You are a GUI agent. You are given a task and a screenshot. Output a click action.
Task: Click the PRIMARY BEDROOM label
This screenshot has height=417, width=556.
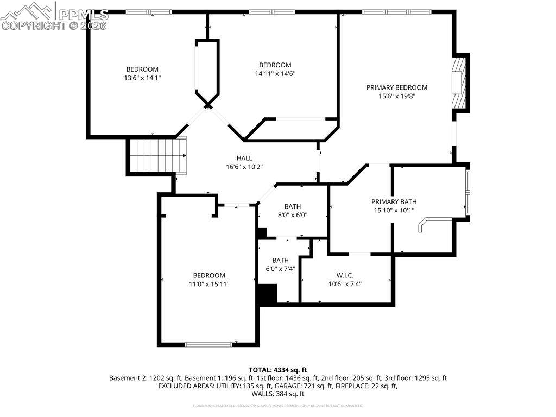click(x=396, y=87)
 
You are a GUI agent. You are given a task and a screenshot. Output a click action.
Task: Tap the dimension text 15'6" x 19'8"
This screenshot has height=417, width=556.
click(x=396, y=97)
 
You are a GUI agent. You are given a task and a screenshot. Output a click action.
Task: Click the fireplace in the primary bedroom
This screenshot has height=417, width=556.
click(x=459, y=83)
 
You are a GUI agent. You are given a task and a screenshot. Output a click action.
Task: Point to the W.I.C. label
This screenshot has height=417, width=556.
click(x=345, y=275)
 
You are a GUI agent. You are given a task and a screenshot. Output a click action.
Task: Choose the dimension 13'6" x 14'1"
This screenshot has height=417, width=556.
click(x=142, y=78)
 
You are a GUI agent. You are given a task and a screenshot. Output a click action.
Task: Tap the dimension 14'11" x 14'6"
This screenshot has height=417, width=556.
click(x=275, y=74)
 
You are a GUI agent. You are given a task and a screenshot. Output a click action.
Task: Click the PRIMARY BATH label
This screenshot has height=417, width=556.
click(x=394, y=201)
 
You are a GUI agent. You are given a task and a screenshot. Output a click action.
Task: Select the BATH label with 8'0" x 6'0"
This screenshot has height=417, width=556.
click(x=292, y=206)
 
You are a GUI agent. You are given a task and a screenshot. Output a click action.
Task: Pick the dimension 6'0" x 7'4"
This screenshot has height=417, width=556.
click(x=280, y=269)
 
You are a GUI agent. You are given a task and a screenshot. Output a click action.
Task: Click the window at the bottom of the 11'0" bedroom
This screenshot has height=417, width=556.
click(x=208, y=344)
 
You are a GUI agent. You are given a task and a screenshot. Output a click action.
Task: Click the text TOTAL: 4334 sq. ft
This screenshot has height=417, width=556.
click(x=277, y=369)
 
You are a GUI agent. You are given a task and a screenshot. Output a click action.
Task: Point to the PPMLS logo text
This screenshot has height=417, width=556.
click(x=81, y=14)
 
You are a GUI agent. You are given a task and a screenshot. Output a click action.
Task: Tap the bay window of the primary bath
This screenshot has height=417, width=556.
click(x=467, y=192)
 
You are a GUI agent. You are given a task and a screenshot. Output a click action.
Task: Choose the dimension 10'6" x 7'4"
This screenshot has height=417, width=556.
click(x=345, y=284)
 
